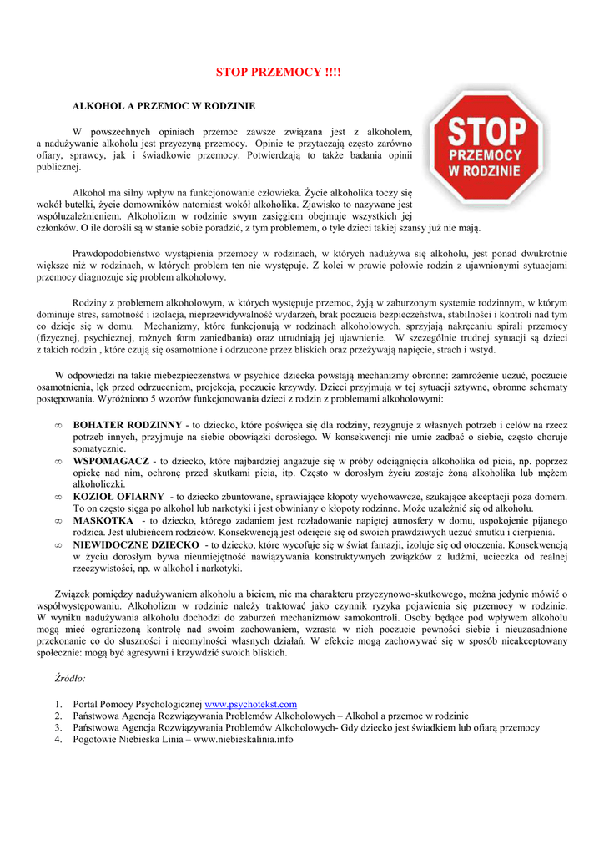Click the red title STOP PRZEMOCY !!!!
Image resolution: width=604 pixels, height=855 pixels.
279,73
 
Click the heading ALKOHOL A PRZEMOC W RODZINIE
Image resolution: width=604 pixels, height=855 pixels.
164,107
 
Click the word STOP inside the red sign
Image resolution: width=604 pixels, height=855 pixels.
486,132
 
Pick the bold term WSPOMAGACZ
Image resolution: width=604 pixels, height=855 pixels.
111,460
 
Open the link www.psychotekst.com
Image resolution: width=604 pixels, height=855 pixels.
250,704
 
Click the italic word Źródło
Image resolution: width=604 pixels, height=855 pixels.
70,679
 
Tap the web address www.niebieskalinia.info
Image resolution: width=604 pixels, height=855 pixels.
243,739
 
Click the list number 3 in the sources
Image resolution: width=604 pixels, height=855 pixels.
58,727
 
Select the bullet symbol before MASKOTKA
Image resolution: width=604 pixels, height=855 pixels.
58,520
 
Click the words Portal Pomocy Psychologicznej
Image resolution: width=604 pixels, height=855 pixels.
138,704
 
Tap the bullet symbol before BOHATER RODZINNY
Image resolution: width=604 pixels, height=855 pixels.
58,424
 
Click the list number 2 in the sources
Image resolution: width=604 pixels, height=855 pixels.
58,716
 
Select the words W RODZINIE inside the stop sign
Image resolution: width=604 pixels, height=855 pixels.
486,171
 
